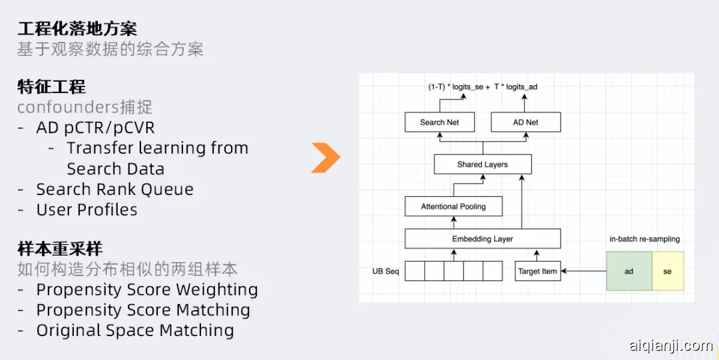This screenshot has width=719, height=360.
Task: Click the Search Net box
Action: (440, 122)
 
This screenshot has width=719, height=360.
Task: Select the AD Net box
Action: (525, 122)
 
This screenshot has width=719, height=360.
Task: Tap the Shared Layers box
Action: (483, 164)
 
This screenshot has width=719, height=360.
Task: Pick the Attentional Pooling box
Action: (453, 206)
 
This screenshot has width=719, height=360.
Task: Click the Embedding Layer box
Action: (483, 239)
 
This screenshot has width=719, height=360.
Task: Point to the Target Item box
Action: (538, 271)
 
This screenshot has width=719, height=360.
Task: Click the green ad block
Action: (628, 271)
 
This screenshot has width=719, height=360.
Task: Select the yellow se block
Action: (667, 271)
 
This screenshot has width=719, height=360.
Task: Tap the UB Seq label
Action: (385, 271)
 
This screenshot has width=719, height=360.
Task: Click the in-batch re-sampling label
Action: (644, 239)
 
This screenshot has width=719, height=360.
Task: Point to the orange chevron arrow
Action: (326, 158)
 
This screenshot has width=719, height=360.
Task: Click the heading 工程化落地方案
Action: (77, 29)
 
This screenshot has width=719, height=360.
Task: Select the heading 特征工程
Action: (51, 87)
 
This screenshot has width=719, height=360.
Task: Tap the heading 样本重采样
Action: (60, 250)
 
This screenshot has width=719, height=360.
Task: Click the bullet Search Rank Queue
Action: (115, 190)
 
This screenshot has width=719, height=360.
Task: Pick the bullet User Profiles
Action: (87, 210)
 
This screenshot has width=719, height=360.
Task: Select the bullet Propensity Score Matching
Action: (143, 310)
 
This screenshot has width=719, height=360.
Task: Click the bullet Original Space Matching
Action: (135, 331)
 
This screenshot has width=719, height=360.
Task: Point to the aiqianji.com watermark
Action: (670, 345)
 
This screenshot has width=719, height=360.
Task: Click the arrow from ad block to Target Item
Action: (583, 271)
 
